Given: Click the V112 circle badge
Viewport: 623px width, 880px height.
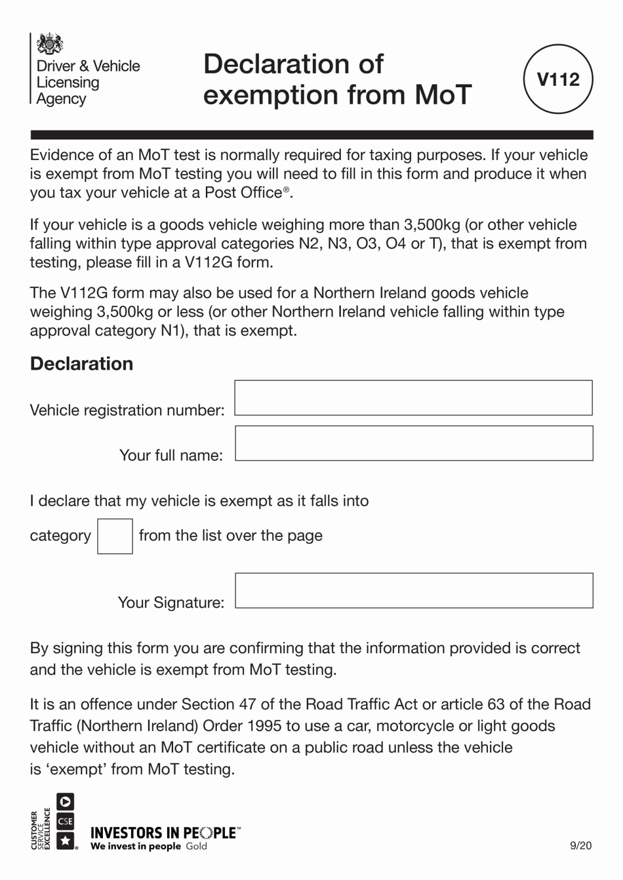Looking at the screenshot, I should pyautogui.click(x=558, y=79).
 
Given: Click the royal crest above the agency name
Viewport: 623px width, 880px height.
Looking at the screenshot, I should pyautogui.click(x=50, y=45).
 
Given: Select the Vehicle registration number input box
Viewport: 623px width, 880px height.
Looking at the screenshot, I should pyautogui.click(x=413, y=397).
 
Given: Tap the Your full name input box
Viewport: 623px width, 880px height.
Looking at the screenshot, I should pyautogui.click(x=413, y=443).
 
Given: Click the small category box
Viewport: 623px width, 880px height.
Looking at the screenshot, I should pyautogui.click(x=115, y=536).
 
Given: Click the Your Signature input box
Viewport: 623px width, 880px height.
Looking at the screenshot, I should pyautogui.click(x=413, y=590).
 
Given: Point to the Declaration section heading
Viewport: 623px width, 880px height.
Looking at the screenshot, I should pyautogui.click(x=81, y=364).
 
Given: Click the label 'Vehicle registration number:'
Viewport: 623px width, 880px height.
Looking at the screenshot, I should pyautogui.click(x=127, y=410).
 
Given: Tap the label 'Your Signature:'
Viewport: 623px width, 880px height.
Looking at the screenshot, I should pyautogui.click(x=171, y=603).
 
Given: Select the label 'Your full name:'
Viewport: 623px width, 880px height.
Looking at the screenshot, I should pyautogui.click(x=171, y=456).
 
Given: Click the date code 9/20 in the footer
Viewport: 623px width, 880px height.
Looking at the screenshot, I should pyautogui.click(x=580, y=845).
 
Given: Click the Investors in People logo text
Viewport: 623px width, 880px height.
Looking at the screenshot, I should pyautogui.click(x=164, y=833).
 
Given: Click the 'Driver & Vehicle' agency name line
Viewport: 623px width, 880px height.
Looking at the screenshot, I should pyautogui.click(x=88, y=66).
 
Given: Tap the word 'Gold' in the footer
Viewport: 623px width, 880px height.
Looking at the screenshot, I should pyautogui.click(x=196, y=847).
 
